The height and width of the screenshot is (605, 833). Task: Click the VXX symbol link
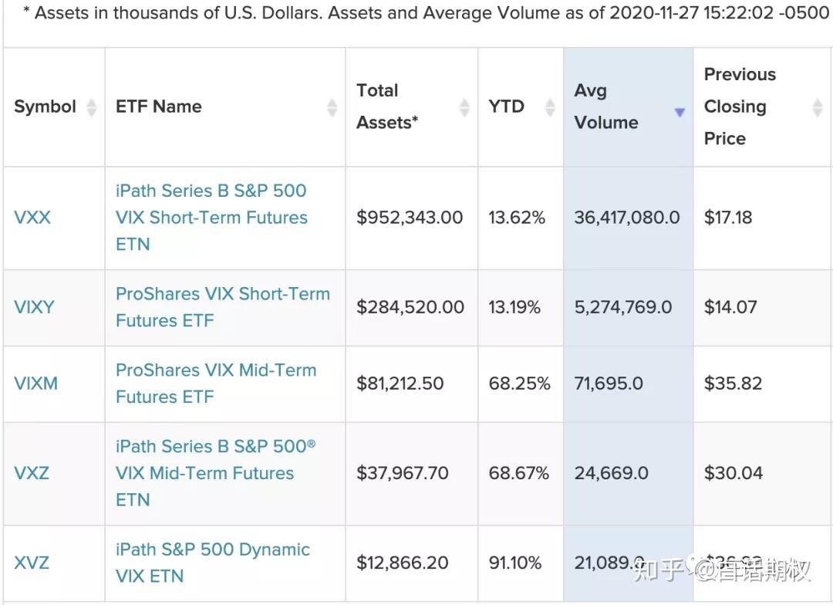pos(32,218)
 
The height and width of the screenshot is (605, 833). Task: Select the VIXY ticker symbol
pos(35,307)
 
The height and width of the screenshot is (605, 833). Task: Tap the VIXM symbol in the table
pos(36,384)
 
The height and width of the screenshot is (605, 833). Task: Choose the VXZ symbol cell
pos(32,473)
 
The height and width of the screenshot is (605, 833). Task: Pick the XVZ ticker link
pos(32,563)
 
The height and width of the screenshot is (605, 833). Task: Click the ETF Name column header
pos(159,106)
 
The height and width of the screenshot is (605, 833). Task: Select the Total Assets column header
pos(387,106)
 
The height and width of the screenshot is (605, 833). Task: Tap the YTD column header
pos(506,106)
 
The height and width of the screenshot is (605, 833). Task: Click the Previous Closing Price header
pos(740,106)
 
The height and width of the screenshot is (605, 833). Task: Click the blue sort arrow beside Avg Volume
pos(680,113)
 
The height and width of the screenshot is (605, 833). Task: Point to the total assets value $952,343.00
pos(410,218)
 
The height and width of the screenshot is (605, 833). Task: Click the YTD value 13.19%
pos(514,307)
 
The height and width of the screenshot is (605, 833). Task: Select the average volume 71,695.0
pos(609,384)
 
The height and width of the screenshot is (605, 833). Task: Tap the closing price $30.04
pos(733,473)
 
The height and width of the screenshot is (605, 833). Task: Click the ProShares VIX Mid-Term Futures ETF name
pos(216,384)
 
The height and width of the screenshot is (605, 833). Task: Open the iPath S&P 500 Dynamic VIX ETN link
pos(212,563)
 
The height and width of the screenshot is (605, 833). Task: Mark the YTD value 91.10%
pos(515,563)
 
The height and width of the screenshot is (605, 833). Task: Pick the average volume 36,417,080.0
pos(627,218)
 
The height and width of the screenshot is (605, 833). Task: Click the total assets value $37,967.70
pos(402,473)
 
